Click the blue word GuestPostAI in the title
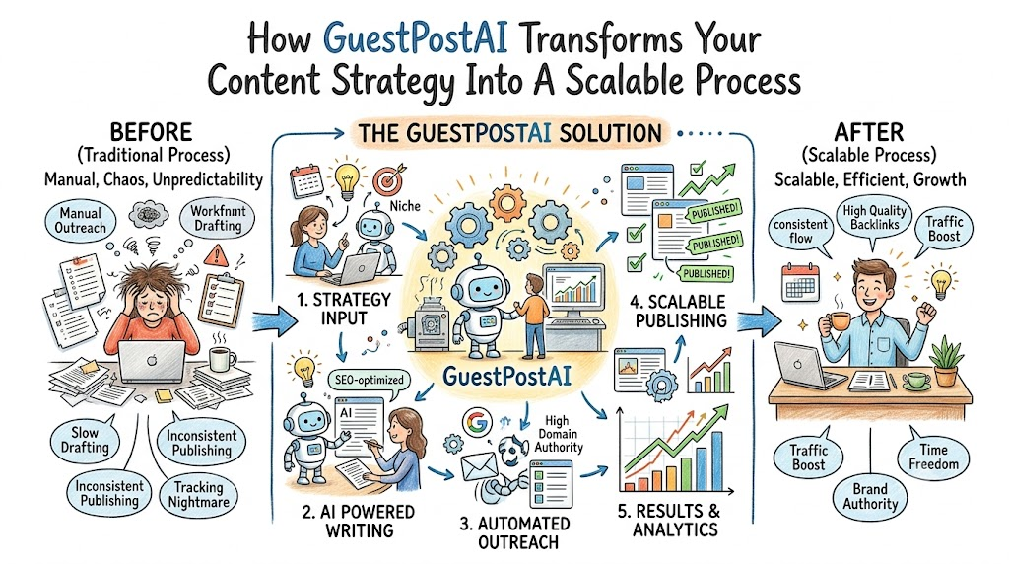click(415, 38)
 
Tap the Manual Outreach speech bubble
click(81, 220)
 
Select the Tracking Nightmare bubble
click(198, 494)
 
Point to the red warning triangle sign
click(217, 255)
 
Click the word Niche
click(405, 206)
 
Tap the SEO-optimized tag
click(370, 380)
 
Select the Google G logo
click(476, 422)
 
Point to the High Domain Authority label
click(558, 434)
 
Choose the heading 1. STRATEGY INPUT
click(344, 309)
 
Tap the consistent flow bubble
click(800, 231)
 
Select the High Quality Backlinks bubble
click(874, 217)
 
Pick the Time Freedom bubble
click(933, 458)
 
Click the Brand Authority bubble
click(870, 496)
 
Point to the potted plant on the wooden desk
click(945, 361)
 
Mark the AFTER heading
click(869, 133)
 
